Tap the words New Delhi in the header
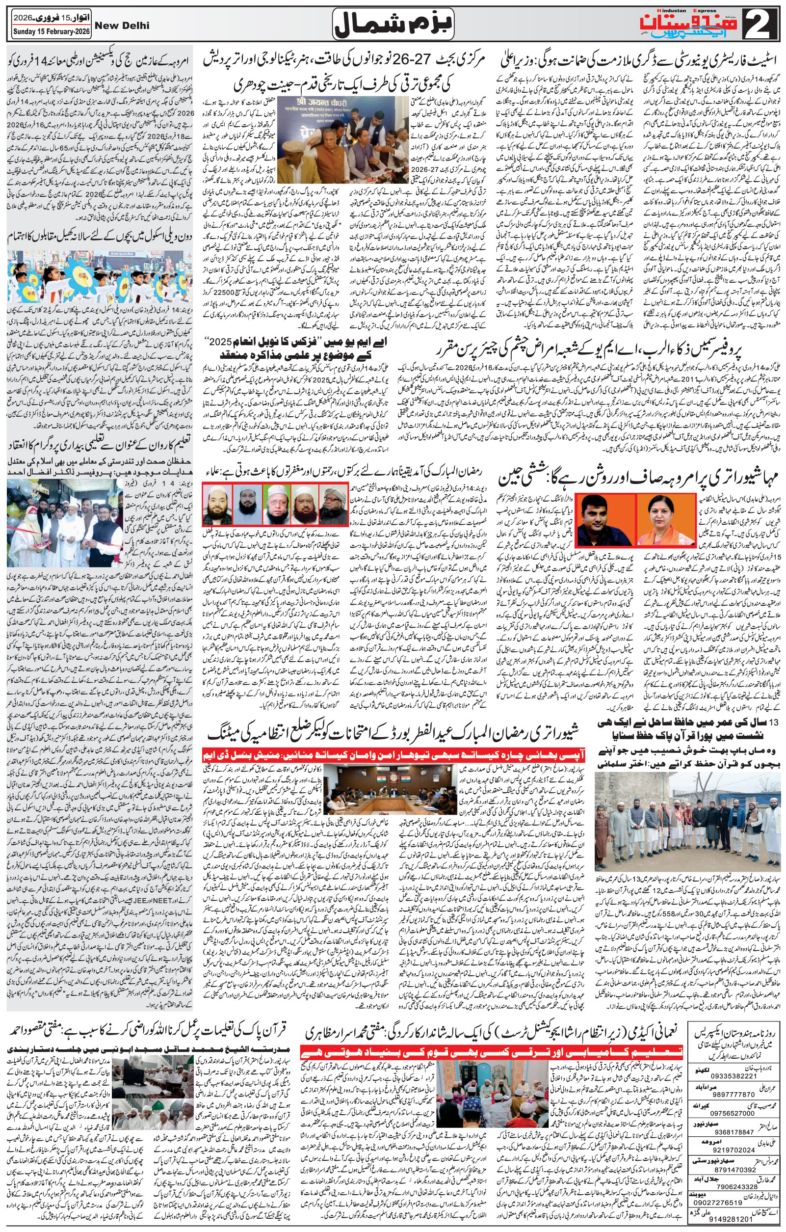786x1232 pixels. coord(119,25)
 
